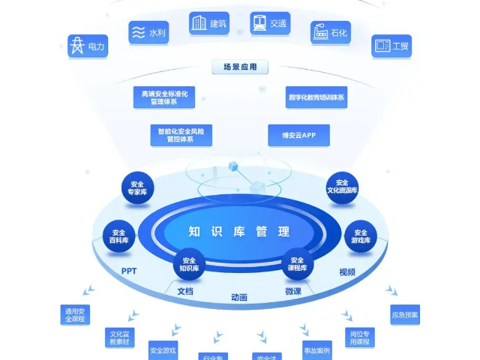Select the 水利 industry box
pos(147,33)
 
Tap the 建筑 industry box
pos(208,24)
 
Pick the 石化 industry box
pos(331,33)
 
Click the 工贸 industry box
pos(391,46)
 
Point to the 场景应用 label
pos(240,67)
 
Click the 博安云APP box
pos(298,135)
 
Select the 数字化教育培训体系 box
pos(316,97)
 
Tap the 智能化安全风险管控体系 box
pos(181,135)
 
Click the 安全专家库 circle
pos(137,188)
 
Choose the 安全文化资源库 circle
pos(342,188)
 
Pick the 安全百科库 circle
pos(118,237)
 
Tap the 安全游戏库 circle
pos(360,237)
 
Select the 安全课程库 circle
pos(298,263)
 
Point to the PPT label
pos(129,271)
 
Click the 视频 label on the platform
pos(346,272)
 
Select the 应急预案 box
pos(405,314)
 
